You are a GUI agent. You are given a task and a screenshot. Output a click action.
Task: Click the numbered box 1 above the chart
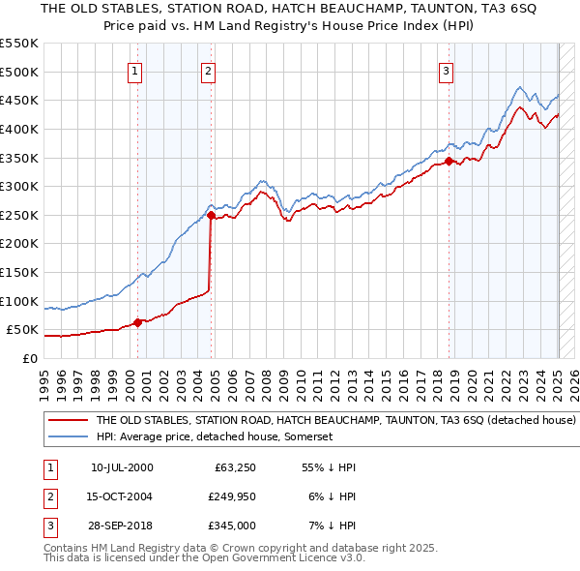(x=134, y=70)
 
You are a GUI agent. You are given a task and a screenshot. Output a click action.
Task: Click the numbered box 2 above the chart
(x=209, y=70)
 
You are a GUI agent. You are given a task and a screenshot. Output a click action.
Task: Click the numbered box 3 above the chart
(x=447, y=70)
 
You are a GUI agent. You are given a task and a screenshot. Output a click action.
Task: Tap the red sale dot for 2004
(x=211, y=216)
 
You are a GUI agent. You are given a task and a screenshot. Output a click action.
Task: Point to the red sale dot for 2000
(x=137, y=322)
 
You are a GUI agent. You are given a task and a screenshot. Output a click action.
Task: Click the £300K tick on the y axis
(x=19, y=186)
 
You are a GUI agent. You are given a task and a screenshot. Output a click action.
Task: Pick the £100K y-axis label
(x=19, y=301)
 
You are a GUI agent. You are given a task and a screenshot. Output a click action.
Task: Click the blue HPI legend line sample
(x=68, y=437)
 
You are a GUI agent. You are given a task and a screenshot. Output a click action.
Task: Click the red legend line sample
(x=68, y=421)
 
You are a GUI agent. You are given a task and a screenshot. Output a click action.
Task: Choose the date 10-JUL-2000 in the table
(x=122, y=467)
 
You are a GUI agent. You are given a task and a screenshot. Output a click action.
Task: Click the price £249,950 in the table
(x=230, y=496)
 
